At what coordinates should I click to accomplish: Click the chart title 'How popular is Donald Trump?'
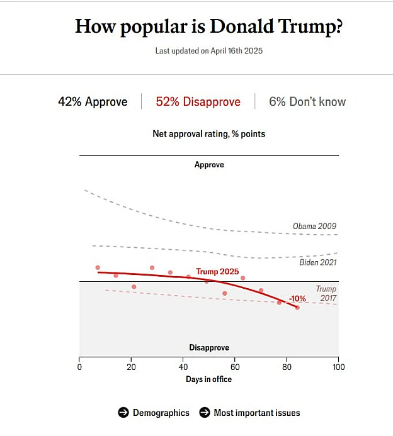(x=208, y=27)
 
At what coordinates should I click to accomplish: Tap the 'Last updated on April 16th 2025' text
(x=208, y=51)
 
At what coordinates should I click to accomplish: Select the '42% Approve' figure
(x=93, y=102)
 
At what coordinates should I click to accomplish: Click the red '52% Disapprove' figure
(x=198, y=102)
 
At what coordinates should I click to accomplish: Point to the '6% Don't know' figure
(x=307, y=102)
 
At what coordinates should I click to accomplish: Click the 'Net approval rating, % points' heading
(x=208, y=134)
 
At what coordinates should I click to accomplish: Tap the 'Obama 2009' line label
(x=314, y=226)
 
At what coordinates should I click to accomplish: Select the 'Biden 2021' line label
(x=318, y=262)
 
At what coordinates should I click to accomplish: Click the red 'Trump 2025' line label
(x=217, y=271)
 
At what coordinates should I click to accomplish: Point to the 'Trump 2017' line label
(x=326, y=294)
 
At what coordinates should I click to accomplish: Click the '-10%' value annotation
(x=297, y=299)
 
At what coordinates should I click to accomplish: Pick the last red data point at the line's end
(x=297, y=308)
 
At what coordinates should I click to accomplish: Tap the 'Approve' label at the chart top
(x=209, y=165)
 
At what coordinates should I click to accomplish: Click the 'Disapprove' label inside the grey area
(x=209, y=347)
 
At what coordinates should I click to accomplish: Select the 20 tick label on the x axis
(x=131, y=367)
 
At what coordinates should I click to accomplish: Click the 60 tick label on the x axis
(x=235, y=367)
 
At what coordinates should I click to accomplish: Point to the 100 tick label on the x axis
(x=338, y=367)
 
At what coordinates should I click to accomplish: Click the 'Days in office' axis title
(x=208, y=379)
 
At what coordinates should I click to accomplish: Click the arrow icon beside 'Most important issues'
(x=205, y=412)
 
